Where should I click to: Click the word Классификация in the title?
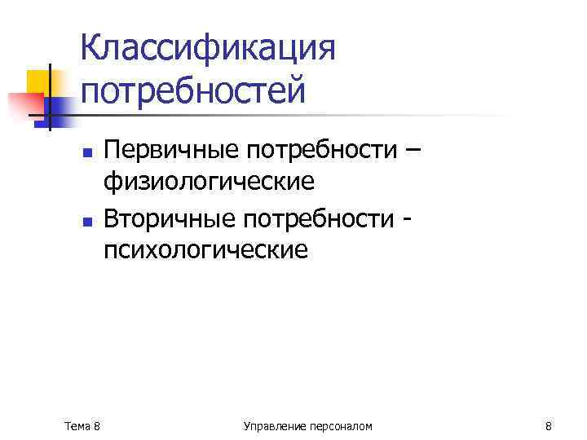[208, 49]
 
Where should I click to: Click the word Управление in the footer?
[272, 426]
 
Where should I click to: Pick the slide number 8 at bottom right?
[548, 426]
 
